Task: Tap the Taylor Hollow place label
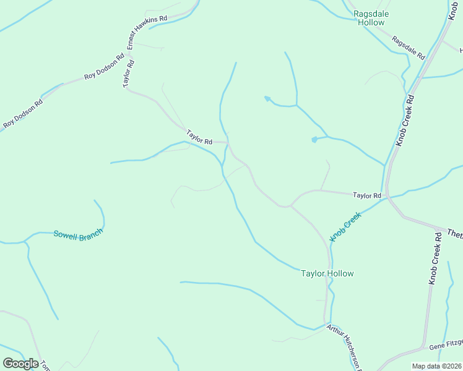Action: [327, 273]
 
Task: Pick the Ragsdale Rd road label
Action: [409, 48]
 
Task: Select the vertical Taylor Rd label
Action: [128, 73]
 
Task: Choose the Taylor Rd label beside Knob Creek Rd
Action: [367, 195]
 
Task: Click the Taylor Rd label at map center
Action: [199, 137]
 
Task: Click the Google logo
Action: [20, 363]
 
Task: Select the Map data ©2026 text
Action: [437, 366]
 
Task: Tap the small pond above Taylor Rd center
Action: [267, 98]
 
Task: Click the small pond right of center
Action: [314, 140]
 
